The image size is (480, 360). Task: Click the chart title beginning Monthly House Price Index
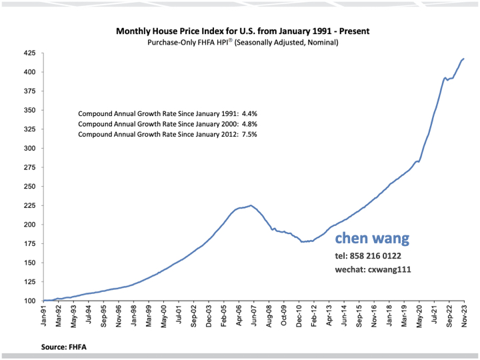click(x=243, y=31)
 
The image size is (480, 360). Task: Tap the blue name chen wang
click(x=372, y=239)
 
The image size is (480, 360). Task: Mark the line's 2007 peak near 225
click(x=251, y=205)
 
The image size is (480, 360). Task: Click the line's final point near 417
click(x=464, y=59)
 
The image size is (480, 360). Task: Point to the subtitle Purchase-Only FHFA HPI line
click(x=243, y=43)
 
